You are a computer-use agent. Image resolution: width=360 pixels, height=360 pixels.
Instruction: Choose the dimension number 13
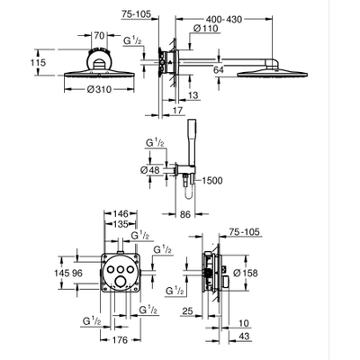[x=194, y=95]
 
